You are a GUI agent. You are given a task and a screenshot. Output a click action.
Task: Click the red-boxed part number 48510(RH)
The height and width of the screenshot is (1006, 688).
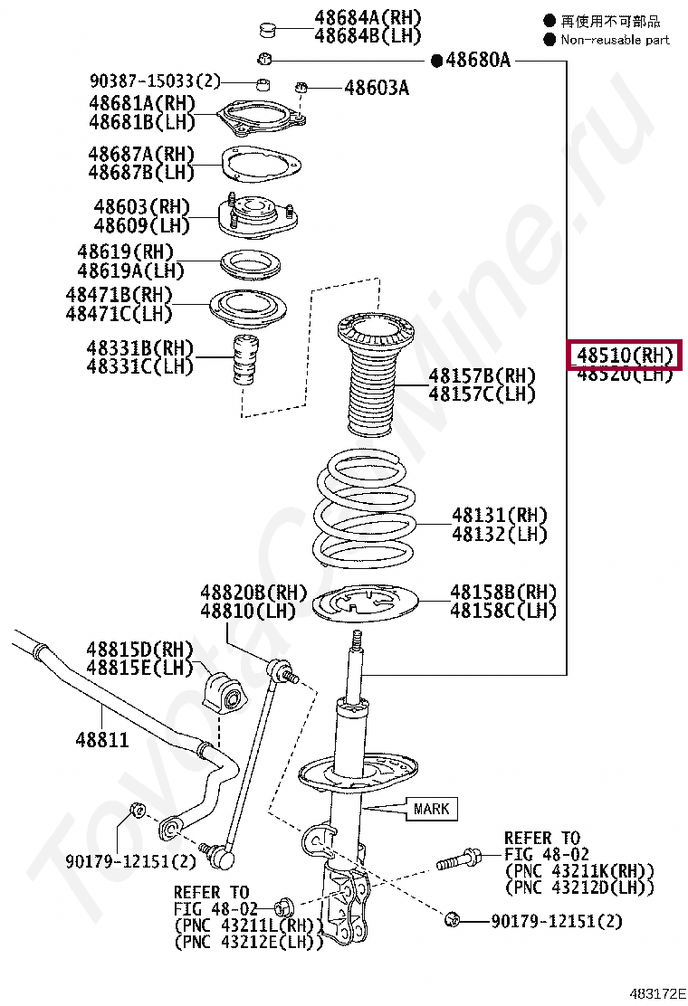click(624, 356)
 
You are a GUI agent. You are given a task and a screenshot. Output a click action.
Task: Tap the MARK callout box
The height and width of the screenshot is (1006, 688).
click(431, 808)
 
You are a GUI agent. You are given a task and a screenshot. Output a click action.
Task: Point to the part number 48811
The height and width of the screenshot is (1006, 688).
click(101, 740)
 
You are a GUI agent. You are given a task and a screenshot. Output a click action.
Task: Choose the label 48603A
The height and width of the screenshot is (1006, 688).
click(376, 88)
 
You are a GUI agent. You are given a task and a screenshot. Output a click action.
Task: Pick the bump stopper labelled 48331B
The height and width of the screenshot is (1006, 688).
click(243, 359)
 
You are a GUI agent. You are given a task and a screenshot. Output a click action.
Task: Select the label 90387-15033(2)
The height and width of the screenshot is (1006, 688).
click(154, 81)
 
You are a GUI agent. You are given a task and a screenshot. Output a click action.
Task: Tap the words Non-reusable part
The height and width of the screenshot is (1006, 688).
click(615, 40)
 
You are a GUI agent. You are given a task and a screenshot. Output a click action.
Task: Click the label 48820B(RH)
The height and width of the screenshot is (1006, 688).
click(253, 593)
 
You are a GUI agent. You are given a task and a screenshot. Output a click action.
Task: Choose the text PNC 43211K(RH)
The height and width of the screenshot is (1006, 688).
click(579, 870)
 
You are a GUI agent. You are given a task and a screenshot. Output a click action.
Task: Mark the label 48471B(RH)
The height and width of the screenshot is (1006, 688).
click(119, 295)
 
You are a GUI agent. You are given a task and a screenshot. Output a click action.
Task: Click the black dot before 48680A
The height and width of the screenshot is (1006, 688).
click(436, 61)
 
